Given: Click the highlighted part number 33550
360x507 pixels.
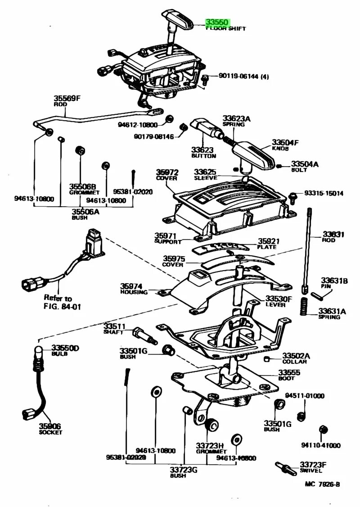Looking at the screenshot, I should pyautogui.click(x=218, y=22).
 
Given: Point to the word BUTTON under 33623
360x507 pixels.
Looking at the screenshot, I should pyautogui.click(x=203, y=156).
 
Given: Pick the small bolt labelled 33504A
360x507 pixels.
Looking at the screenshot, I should pyautogui.click(x=279, y=166).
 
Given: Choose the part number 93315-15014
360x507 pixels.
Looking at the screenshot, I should pyautogui.click(x=324, y=193).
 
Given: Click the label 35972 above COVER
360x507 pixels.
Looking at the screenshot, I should pyautogui.click(x=167, y=172).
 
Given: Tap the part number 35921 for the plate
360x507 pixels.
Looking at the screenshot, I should pyautogui.click(x=269, y=241).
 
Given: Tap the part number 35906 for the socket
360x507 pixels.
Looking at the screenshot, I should pyautogui.click(x=49, y=426).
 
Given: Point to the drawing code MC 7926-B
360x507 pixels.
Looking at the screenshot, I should pyautogui.click(x=322, y=484).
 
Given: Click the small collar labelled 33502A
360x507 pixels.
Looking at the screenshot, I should pyautogui.click(x=266, y=358).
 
